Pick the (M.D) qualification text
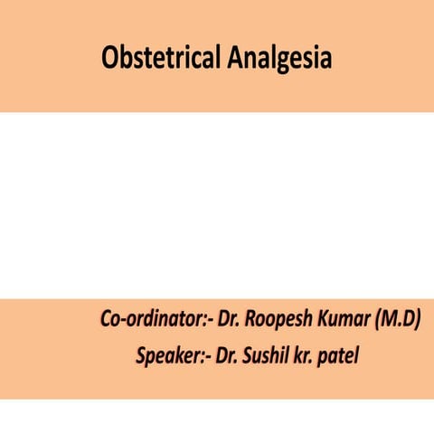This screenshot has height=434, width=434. click(x=397, y=320)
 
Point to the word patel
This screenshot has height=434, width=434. click(x=341, y=355)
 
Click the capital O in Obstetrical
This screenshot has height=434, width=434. click(x=110, y=58)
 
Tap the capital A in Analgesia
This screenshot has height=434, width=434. click(x=237, y=58)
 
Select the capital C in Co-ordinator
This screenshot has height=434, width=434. click(x=105, y=320)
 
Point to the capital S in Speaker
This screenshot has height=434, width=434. click(x=141, y=355)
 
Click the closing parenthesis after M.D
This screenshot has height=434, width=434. click(x=418, y=320)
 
